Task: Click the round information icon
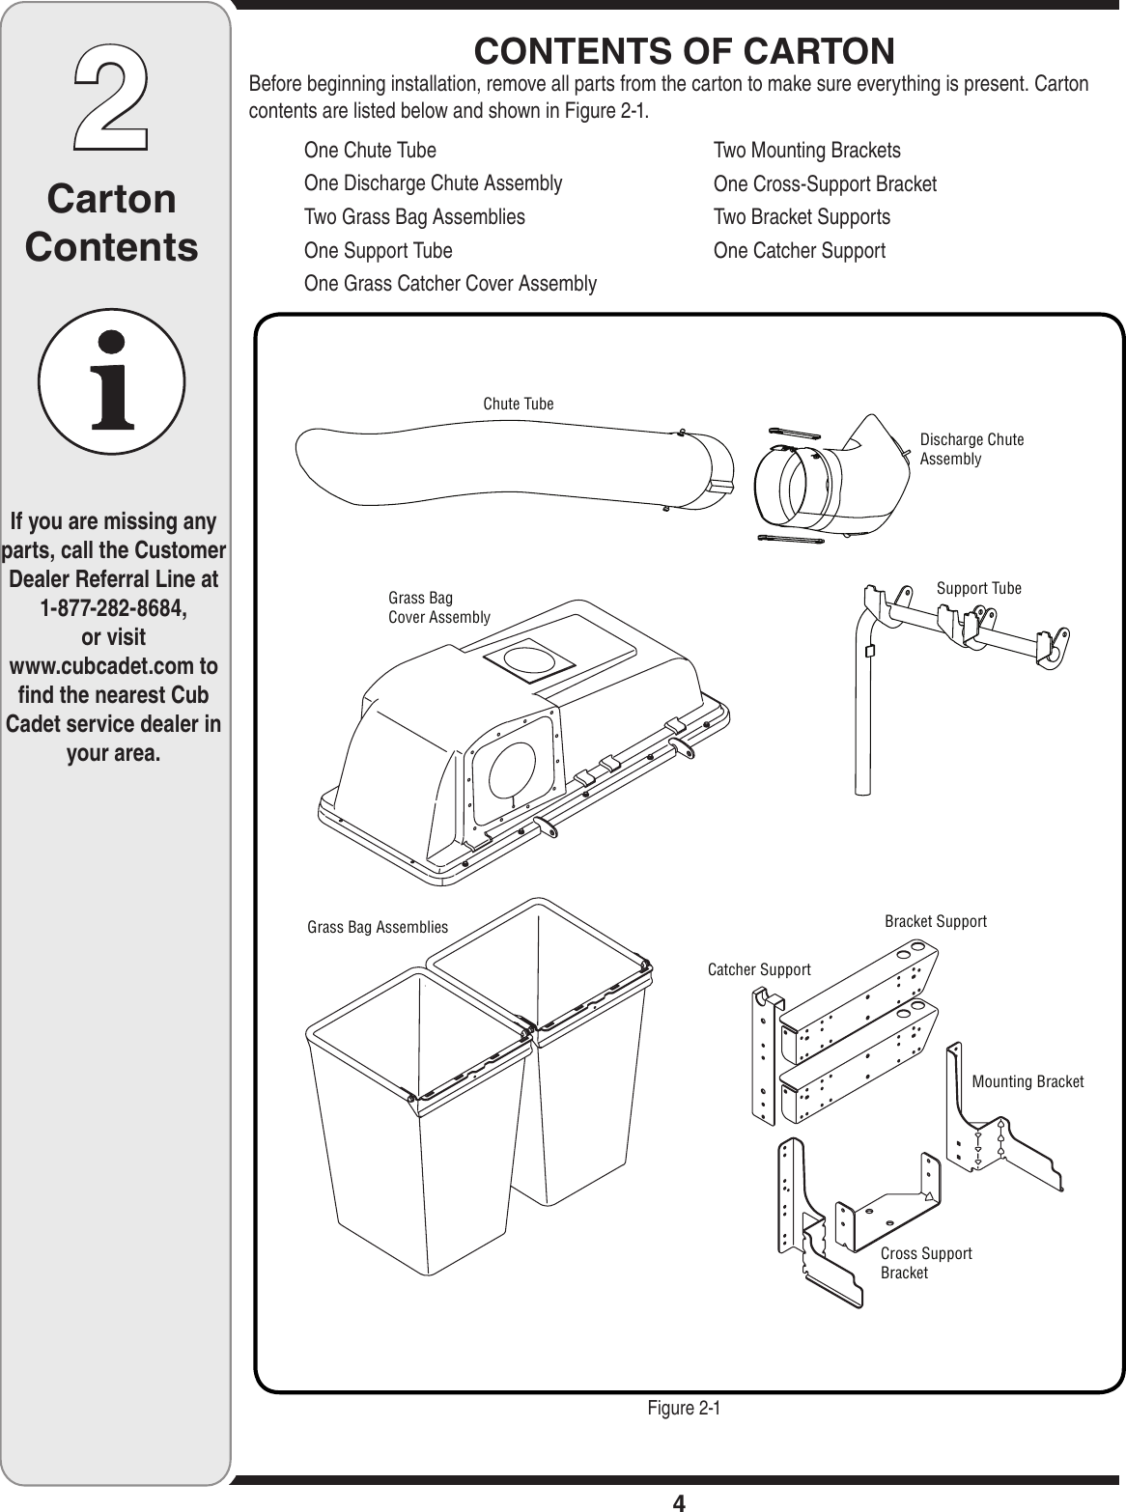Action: click(112, 381)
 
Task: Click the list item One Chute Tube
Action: click(370, 151)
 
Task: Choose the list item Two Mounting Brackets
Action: click(806, 151)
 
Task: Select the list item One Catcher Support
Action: click(799, 251)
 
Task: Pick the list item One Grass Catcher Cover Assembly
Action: click(450, 284)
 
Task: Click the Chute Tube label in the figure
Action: click(519, 404)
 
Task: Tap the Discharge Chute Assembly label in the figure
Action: click(971, 449)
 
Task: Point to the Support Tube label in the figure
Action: click(979, 588)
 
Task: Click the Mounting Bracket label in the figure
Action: click(1027, 1081)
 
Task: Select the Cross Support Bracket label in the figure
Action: click(925, 1263)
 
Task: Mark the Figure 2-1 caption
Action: click(684, 1408)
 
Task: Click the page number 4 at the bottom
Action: click(679, 1501)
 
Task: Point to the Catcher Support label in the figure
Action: click(759, 969)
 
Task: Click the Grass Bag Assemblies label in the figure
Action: click(378, 927)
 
